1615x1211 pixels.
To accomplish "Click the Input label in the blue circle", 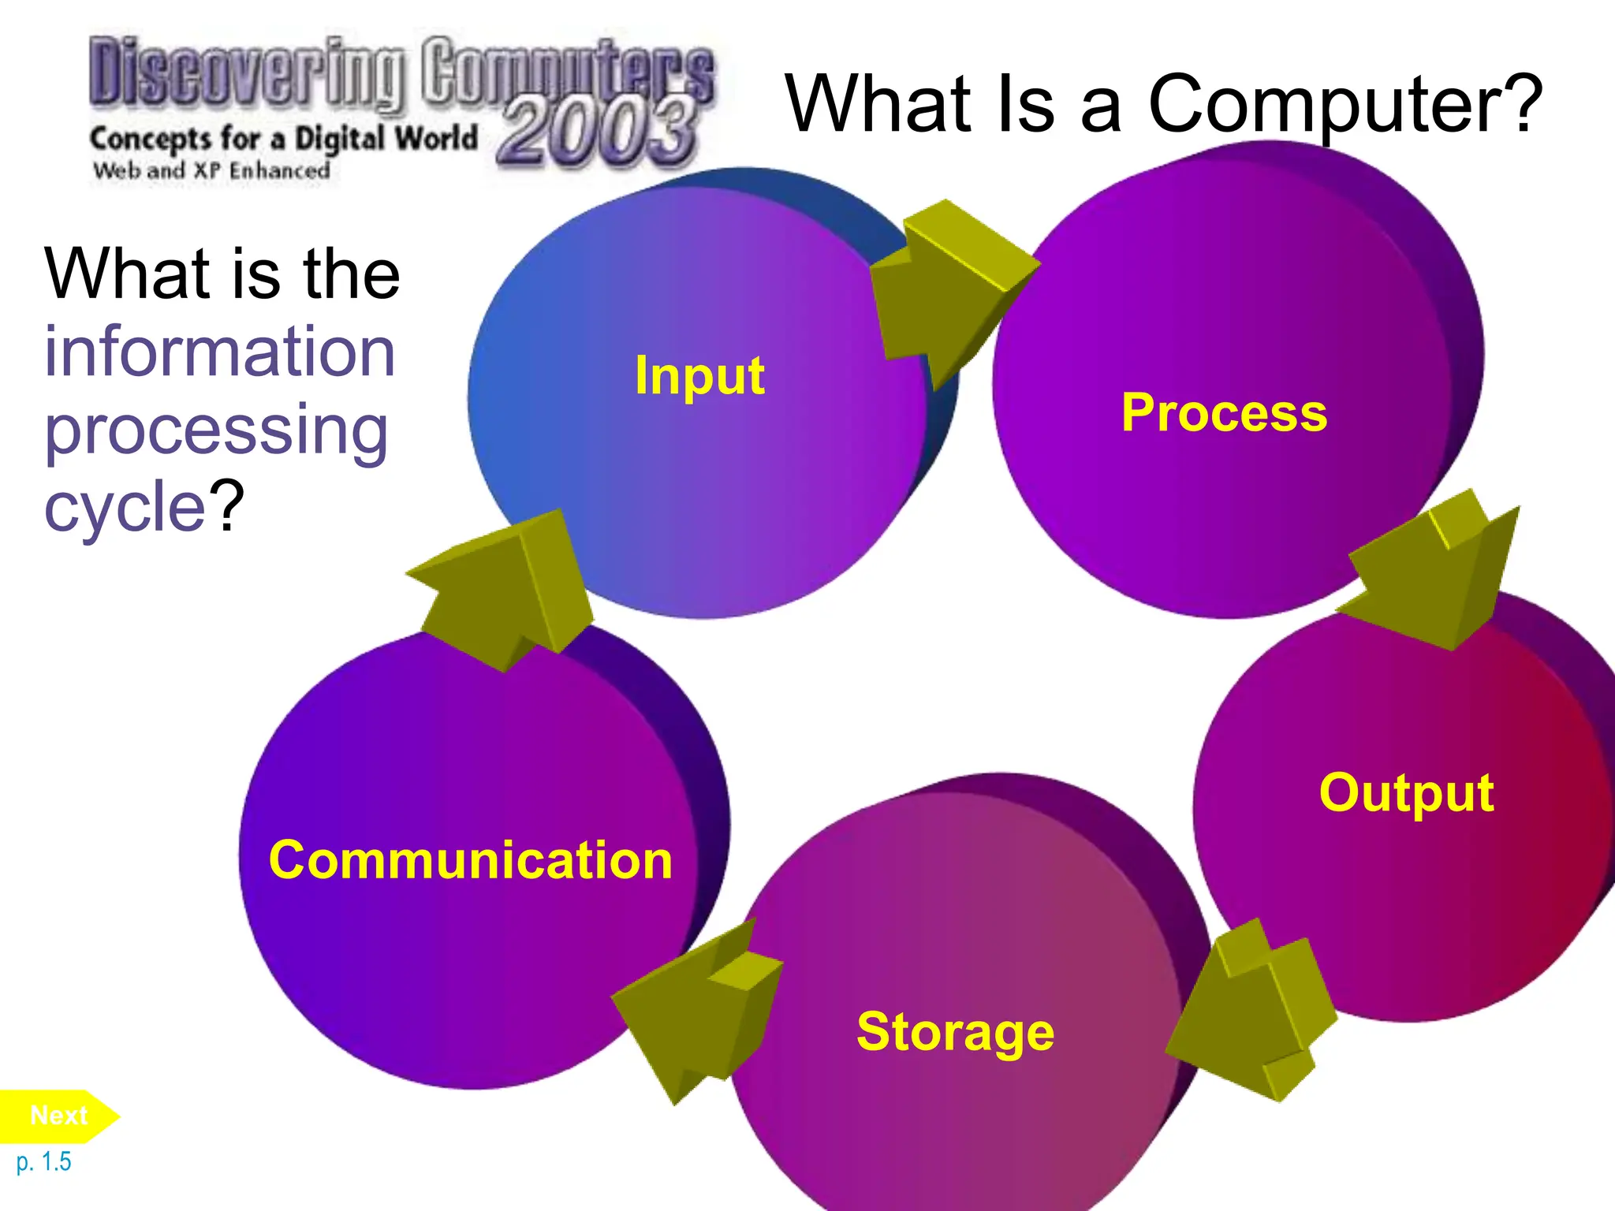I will (x=699, y=376).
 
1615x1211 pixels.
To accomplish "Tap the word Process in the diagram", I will (x=1224, y=412).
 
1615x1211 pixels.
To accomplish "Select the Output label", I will (x=1406, y=792).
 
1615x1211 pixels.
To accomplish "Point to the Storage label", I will (x=955, y=1032).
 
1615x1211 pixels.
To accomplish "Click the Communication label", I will (x=471, y=860).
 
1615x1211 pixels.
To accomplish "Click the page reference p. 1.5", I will (x=43, y=1162).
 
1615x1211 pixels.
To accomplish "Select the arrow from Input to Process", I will (x=946, y=292).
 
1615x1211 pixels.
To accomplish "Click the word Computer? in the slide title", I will (x=1345, y=105).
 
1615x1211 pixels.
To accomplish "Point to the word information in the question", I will (x=219, y=352).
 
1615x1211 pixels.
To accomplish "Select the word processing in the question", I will (x=216, y=431).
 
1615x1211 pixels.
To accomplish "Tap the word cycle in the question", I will (x=125, y=508).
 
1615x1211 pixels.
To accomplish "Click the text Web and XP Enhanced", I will (x=211, y=170).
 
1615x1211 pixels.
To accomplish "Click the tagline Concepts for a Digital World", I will (x=284, y=139).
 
